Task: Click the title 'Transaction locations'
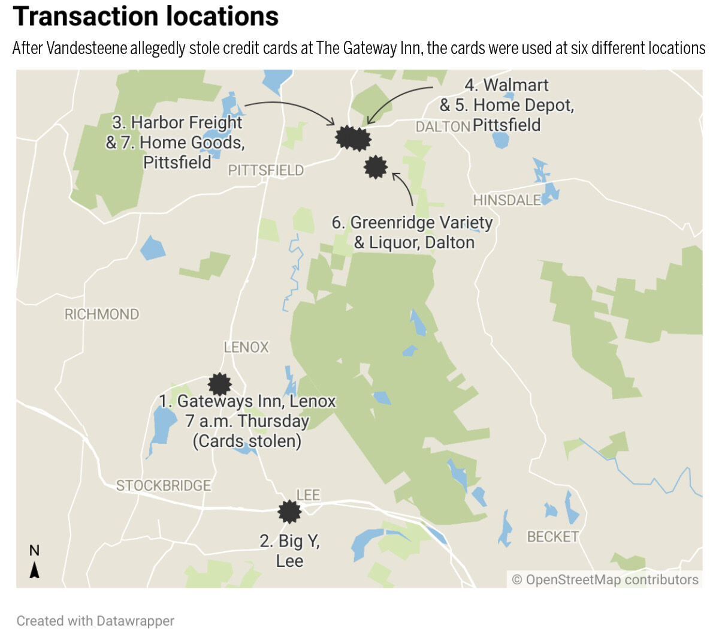(146, 17)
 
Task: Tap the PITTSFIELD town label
(265, 170)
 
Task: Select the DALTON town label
(442, 127)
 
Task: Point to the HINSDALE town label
(506, 200)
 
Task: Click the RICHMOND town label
(101, 314)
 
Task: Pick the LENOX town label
(246, 347)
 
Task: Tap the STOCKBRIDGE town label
(163, 485)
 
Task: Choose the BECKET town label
(552, 536)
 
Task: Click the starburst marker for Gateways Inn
(219, 384)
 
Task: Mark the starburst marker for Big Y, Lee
(290, 512)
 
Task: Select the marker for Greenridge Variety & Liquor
(376, 167)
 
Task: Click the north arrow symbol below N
(35, 570)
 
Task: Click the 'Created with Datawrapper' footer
(95, 621)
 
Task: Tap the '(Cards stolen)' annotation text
(247, 441)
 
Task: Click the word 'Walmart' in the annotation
(515, 85)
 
